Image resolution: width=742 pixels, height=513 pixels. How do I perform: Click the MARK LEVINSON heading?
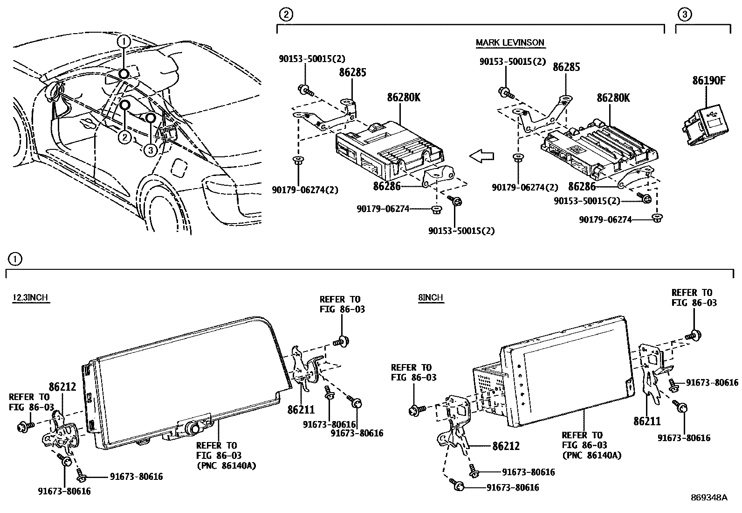(510, 42)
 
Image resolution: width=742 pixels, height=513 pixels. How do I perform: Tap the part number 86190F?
(708, 80)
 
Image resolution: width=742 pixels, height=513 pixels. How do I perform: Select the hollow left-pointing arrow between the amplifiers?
(481, 157)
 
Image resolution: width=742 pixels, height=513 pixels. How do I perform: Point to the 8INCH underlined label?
(430, 298)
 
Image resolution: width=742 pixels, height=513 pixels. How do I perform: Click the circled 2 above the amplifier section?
(285, 15)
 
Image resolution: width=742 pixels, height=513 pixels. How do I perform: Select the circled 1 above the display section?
(15, 259)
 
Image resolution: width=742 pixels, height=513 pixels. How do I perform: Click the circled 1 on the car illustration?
(124, 41)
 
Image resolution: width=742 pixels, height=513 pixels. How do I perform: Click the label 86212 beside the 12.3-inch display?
(62, 387)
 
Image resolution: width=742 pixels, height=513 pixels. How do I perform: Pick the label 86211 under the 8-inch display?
(647, 422)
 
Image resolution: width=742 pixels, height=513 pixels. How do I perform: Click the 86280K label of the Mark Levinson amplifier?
(613, 98)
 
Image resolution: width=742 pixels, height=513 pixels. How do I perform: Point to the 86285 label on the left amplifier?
(352, 72)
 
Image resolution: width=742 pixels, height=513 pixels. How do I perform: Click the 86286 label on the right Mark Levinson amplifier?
(582, 186)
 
